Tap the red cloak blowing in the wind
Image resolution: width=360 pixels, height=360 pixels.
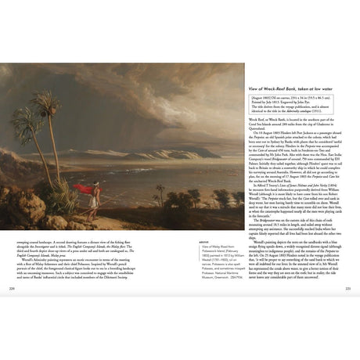pos(85,190)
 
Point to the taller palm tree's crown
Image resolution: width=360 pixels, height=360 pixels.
pos(46,105)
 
